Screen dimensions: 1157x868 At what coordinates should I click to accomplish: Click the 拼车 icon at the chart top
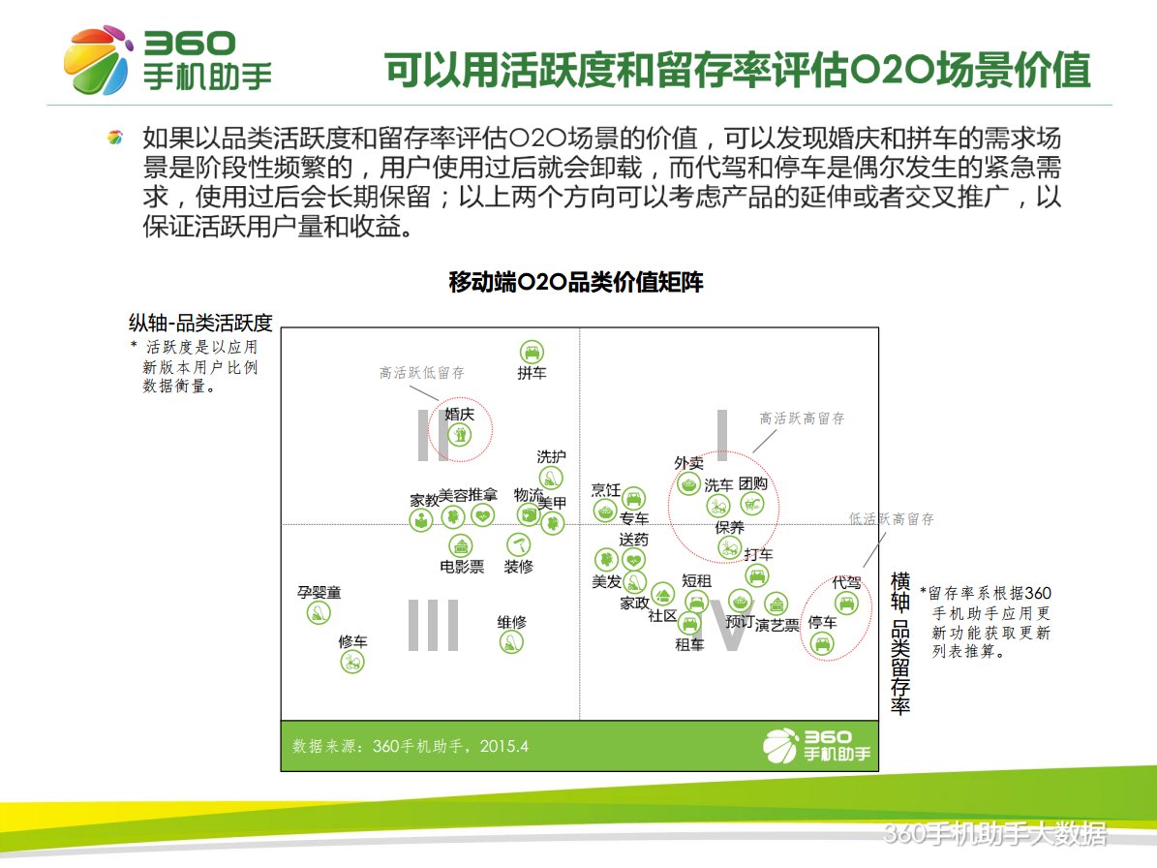point(531,352)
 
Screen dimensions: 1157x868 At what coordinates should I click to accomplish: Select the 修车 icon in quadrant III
point(352,663)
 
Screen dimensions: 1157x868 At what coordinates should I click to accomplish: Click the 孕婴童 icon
point(319,612)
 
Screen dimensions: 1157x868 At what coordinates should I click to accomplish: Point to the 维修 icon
point(511,641)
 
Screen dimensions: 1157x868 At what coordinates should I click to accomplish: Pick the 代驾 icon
point(847,604)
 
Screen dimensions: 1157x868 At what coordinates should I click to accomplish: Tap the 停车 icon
point(822,642)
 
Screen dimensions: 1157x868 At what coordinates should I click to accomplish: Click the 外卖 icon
point(688,483)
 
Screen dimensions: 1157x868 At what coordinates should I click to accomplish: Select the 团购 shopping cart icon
point(752,503)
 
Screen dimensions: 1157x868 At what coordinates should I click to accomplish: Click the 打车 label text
point(758,555)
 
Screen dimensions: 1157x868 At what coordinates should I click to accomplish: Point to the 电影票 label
point(462,567)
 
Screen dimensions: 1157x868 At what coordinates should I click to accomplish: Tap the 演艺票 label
point(777,626)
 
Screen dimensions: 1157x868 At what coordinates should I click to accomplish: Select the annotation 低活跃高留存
point(891,519)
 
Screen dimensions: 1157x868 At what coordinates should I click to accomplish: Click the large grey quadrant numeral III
point(433,625)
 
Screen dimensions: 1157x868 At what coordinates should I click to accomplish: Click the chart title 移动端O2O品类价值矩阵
point(576,283)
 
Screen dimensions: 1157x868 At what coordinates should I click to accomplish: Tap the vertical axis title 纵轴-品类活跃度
point(200,323)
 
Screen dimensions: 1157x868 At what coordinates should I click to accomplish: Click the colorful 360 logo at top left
point(98,60)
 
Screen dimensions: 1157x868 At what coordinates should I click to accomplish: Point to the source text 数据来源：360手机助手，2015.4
point(411,746)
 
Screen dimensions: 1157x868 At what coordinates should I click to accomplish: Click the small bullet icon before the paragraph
point(115,139)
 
